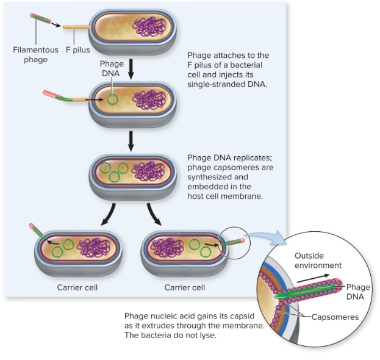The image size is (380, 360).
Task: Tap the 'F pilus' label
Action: coord(77,49)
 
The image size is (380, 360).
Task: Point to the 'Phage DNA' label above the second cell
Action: coord(112,69)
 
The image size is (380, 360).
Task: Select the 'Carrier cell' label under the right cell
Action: coord(185,287)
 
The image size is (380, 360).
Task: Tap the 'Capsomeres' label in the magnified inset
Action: coord(335,317)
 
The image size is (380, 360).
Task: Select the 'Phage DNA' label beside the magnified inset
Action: coord(359,291)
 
